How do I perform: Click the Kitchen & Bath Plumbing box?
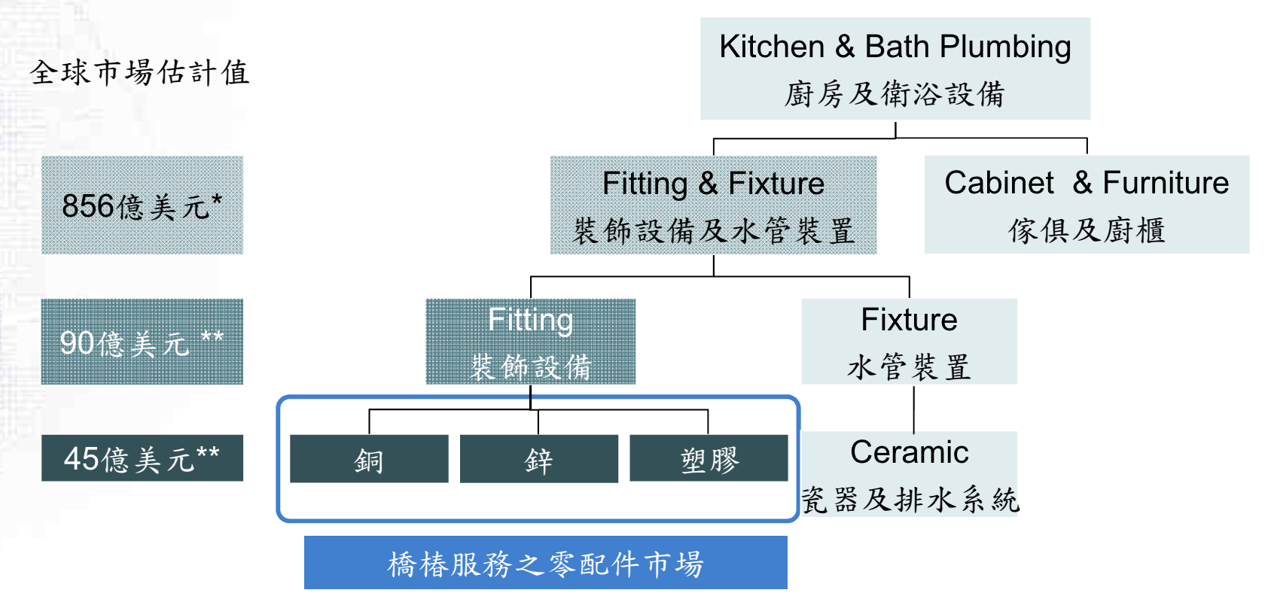click(x=895, y=68)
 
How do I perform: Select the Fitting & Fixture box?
click(x=713, y=205)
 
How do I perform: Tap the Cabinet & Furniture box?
click(x=1087, y=205)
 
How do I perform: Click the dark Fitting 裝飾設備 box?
click(x=530, y=342)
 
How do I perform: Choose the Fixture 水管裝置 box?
click(x=909, y=342)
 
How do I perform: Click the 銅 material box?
click(x=369, y=459)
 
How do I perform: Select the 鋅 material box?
click(x=538, y=459)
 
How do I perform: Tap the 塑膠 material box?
click(x=709, y=459)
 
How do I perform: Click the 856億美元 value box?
click(x=142, y=205)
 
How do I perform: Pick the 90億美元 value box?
click(x=142, y=342)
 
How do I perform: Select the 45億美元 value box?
click(x=142, y=458)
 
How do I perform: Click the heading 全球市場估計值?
click(x=140, y=73)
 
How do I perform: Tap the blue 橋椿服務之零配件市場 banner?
click(x=545, y=563)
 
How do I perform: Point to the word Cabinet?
click(x=999, y=183)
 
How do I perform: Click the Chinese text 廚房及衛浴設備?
click(x=895, y=95)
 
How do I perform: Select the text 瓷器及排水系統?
click(x=910, y=500)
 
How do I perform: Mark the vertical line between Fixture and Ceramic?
click(x=913, y=408)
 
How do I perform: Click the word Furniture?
click(x=1166, y=183)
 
